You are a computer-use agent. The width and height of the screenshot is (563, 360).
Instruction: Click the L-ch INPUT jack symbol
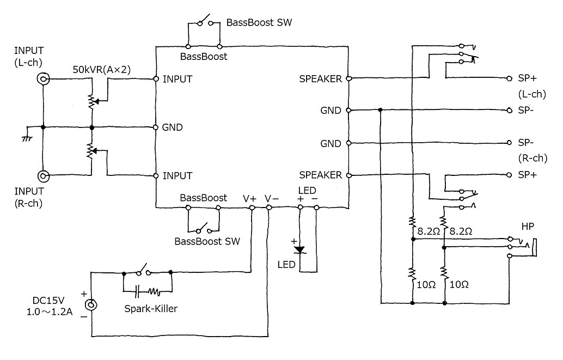(43, 79)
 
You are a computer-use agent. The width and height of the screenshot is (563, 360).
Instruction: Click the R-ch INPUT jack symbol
(43, 176)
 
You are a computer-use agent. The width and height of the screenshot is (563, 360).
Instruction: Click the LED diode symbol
(299, 250)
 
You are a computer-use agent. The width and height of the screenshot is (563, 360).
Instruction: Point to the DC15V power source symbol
(91, 306)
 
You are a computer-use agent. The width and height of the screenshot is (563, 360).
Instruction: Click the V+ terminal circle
(252, 208)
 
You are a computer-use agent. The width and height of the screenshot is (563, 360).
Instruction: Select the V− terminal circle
(268, 208)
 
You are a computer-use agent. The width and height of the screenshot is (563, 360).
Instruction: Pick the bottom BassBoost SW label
(206, 240)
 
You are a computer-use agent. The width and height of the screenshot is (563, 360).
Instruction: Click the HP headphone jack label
(528, 226)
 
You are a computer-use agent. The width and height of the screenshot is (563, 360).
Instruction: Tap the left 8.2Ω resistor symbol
(413, 222)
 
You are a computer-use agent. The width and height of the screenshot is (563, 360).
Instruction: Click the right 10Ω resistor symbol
(445, 272)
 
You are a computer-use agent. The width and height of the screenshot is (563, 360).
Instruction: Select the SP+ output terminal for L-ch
(509, 78)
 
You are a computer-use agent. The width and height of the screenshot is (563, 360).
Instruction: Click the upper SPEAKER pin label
(320, 79)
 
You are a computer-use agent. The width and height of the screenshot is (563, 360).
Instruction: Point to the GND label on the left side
(172, 127)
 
